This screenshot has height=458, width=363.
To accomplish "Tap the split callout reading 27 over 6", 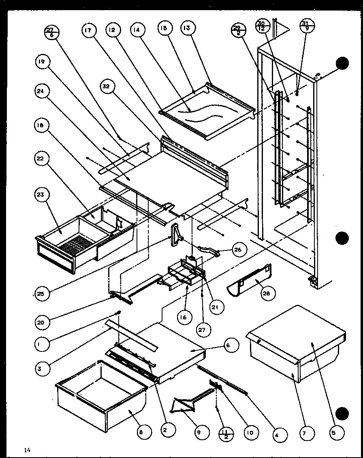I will (52, 31).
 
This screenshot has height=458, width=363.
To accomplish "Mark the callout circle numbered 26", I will (238, 249).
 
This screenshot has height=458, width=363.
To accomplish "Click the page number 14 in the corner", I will (27, 449).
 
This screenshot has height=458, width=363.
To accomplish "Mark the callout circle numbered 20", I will (42, 323).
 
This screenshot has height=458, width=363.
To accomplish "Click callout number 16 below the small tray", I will (184, 317).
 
